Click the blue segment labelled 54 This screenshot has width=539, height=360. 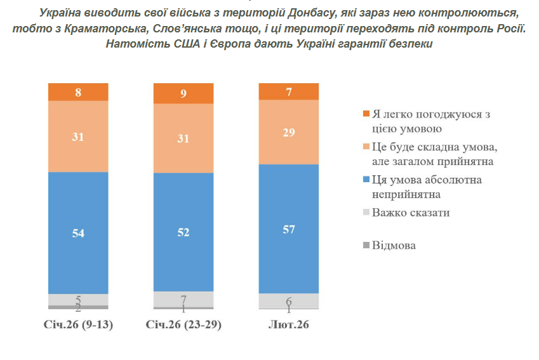click(x=78, y=233)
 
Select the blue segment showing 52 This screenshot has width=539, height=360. click(x=184, y=232)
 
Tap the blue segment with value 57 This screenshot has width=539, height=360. click(x=289, y=229)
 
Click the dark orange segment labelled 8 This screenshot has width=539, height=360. click(x=78, y=92)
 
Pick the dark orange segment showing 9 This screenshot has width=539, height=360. click(x=184, y=93)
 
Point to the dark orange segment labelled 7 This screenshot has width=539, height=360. click(x=289, y=91)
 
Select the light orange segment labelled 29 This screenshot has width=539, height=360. click(x=289, y=132)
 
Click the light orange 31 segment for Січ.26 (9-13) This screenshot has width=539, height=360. click(x=78, y=137)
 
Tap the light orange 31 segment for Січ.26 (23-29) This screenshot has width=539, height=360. click(x=184, y=138)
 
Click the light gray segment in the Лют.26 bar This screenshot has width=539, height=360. click(x=289, y=300)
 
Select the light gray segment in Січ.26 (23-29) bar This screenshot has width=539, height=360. click(x=184, y=299)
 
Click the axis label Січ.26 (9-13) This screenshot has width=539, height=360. click(x=78, y=325)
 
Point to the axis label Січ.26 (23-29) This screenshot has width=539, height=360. click(x=184, y=325)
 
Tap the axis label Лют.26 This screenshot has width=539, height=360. click(x=289, y=325)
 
